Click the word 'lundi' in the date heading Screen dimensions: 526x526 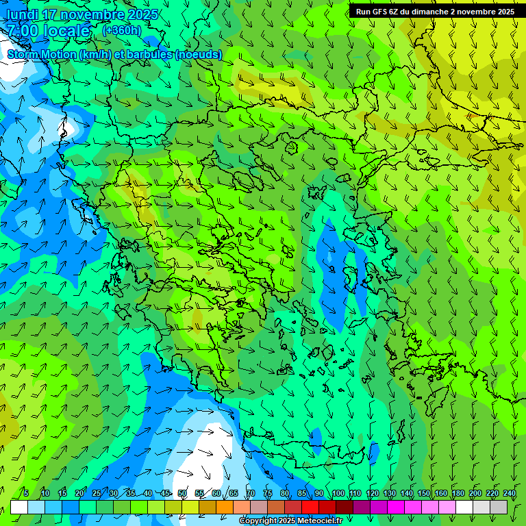(22, 14)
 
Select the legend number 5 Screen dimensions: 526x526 (26, 493)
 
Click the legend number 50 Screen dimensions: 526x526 (181, 493)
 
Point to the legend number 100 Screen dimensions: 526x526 (338, 493)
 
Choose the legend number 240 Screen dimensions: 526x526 (509, 493)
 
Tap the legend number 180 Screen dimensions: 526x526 (458, 493)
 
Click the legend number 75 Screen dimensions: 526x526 (267, 493)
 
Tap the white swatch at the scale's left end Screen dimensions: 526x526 (19, 507)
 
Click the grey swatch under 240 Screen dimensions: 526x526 (500, 507)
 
